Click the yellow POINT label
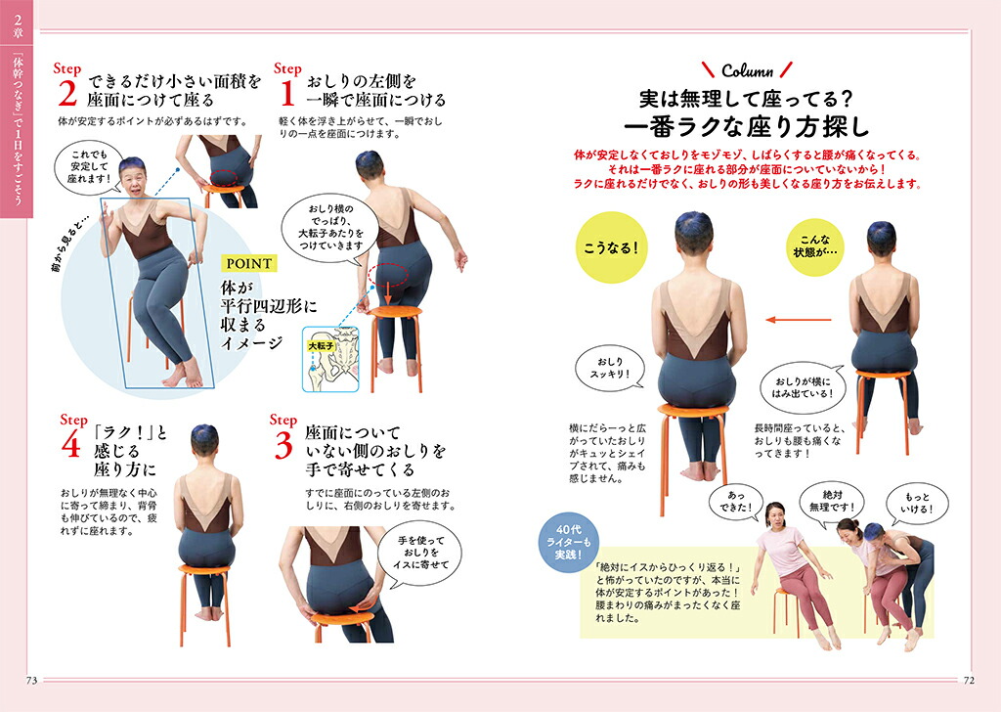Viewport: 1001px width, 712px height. pos(249,263)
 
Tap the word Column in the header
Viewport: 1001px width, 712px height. pos(747,70)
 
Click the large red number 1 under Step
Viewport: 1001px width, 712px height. pos(288,93)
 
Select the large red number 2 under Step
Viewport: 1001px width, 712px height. pos(67,93)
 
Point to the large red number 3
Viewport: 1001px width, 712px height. pos(283,445)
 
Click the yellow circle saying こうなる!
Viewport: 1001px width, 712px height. pos(611,247)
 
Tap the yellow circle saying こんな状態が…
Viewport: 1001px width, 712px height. pos(815,247)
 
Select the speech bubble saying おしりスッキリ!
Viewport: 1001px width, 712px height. pos(610,369)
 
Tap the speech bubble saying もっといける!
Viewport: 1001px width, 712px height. pos(917,503)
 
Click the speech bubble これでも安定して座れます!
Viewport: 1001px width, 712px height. pos(89,166)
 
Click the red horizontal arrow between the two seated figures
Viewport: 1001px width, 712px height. pos(799,319)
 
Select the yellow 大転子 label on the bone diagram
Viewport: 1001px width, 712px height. pos(321,345)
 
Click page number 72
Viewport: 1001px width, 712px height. pos(969,681)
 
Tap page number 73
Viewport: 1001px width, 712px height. pos(31,681)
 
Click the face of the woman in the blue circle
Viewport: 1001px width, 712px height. pos(133,182)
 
